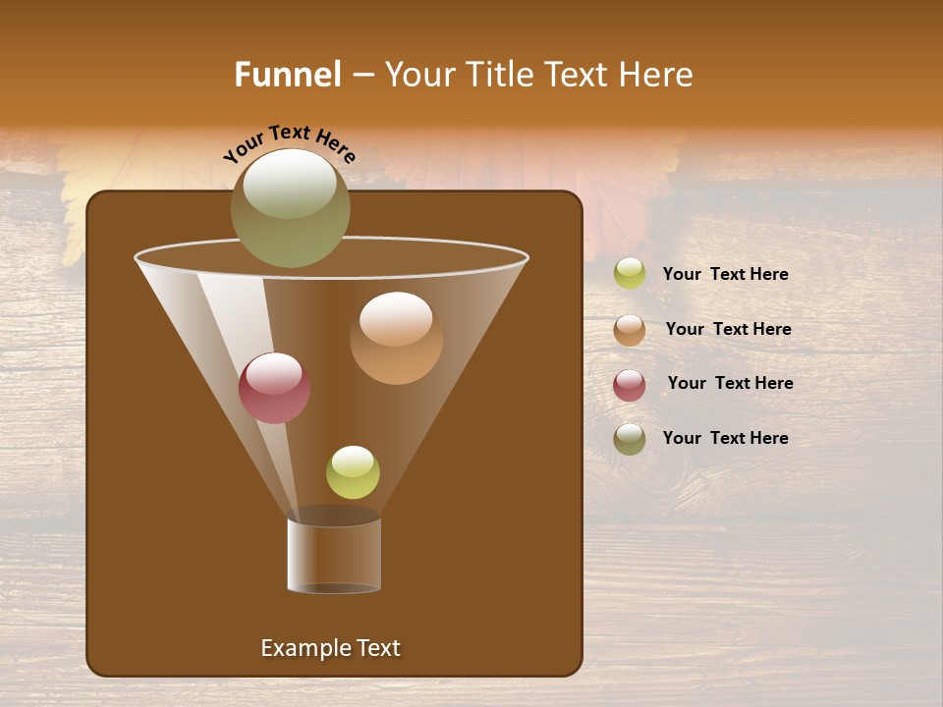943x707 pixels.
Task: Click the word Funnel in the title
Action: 287,75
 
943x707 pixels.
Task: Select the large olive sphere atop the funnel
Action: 290,208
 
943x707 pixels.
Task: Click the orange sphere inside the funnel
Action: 396,339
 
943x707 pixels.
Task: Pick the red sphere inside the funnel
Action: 274,388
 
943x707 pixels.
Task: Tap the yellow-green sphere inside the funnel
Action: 353,472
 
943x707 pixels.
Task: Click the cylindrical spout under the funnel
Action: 334,555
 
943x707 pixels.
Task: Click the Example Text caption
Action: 330,648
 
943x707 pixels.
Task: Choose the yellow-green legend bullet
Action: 630,274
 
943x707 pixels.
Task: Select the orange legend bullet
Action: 630,330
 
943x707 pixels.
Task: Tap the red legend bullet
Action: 630,385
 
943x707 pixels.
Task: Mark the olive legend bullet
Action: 630,439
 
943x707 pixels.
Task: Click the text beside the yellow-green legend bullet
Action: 725,275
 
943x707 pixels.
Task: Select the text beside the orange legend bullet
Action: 728,330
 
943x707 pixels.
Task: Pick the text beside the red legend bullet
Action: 730,384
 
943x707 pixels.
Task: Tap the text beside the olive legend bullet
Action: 725,438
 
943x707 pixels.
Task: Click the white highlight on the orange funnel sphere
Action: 396,320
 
